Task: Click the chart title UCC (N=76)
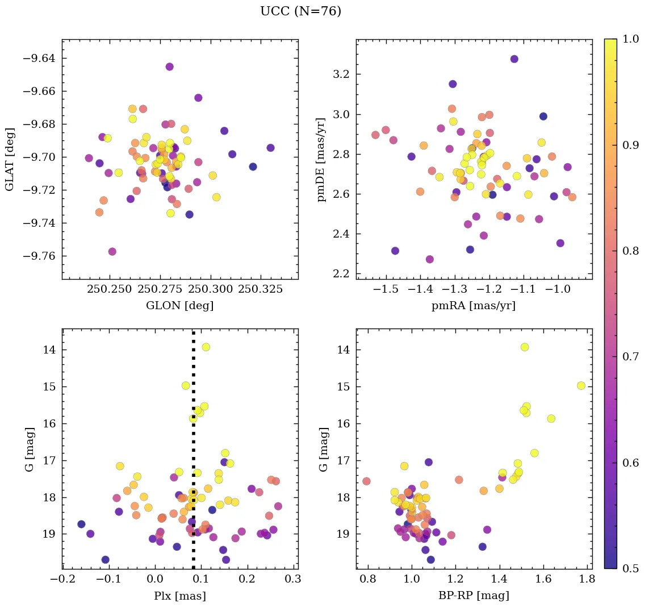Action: click(300, 11)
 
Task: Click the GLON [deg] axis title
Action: click(179, 306)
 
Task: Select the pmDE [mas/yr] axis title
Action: click(322, 160)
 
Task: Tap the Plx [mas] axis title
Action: click(180, 596)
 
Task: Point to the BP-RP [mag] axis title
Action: click(474, 596)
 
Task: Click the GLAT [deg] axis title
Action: click(10, 160)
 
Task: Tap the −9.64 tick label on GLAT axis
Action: click(39, 59)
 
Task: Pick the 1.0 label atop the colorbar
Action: click(631, 39)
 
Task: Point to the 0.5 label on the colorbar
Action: click(631, 568)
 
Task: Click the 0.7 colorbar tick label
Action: click(631, 357)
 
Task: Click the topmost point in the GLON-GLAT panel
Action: click(169, 66)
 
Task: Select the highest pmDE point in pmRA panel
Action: click(514, 59)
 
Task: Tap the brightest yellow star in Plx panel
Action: click(206, 347)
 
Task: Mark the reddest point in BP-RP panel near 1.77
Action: click(581, 385)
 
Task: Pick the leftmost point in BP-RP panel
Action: click(366, 481)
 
